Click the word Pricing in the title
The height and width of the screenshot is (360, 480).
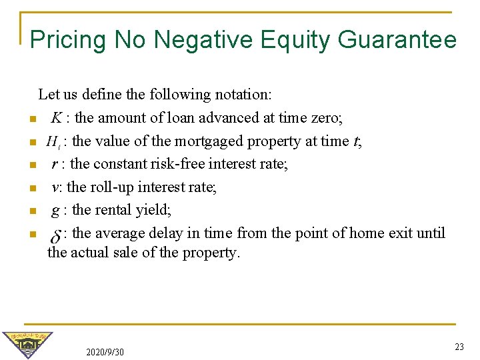(x=69, y=40)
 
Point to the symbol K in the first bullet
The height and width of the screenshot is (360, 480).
(x=57, y=119)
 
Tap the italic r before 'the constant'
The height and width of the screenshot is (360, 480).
(x=54, y=164)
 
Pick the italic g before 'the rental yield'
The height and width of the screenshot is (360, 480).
(x=55, y=211)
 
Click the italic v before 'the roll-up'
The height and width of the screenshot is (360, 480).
(x=55, y=187)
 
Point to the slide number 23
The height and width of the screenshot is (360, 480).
(x=459, y=347)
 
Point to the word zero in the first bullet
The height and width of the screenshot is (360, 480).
(x=324, y=118)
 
